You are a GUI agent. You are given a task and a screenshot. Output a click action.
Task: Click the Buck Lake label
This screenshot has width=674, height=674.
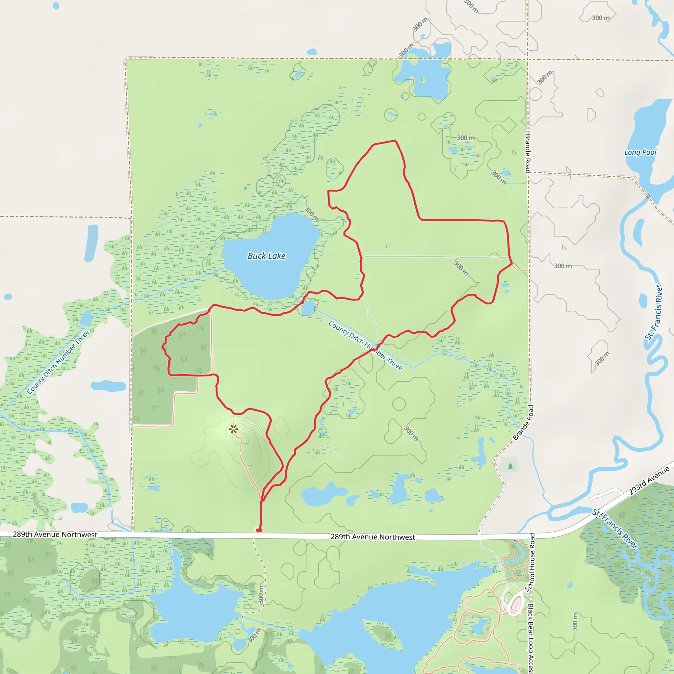(x=267, y=256)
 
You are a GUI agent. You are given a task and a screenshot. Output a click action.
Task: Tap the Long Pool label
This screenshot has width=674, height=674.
(x=640, y=152)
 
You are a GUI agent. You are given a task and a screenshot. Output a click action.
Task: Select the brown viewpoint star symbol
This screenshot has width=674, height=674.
(x=234, y=429)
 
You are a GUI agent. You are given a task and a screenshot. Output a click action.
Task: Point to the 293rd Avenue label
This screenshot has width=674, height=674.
(x=649, y=481)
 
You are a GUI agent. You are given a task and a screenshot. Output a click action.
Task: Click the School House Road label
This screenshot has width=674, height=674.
(x=532, y=562)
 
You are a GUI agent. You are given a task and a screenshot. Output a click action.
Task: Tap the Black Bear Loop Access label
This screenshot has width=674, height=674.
(x=531, y=638)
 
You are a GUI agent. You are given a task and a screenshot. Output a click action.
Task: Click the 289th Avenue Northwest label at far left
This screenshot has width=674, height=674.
(x=55, y=534)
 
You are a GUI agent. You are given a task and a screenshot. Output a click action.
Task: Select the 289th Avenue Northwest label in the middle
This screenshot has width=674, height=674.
(x=373, y=537)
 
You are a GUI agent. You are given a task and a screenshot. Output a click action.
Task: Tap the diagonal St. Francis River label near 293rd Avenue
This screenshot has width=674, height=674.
(x=615, y=529)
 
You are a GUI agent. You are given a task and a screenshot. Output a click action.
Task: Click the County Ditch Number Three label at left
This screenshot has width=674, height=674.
(x=58, y=362)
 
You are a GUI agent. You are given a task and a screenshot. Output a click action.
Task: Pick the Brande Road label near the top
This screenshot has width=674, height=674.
(x=528, y=153)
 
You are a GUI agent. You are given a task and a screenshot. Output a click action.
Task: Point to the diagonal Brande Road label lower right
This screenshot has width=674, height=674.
(x=523, y=423)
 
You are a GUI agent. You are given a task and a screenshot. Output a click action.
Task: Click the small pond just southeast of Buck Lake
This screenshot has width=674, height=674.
(x=308, y=308)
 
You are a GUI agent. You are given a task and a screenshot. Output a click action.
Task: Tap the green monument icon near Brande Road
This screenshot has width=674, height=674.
(x=510, y=466)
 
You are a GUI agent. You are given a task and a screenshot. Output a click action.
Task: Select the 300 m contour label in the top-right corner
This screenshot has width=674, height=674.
(x=601, y=18)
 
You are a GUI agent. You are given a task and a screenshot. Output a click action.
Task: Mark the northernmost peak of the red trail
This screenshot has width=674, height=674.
(x=395, y=141)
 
